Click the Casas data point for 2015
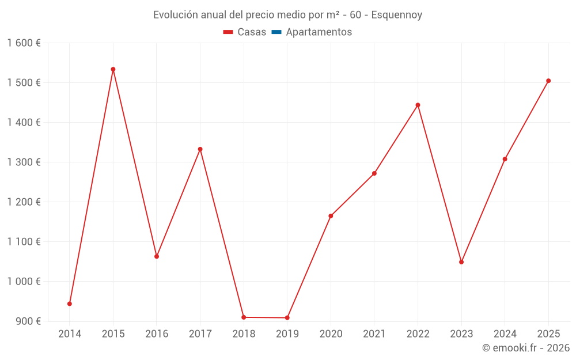coord(113,69)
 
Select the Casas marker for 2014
coord(70,304)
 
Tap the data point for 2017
coord(200,149)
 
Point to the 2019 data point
coord(287,318)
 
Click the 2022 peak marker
coord(418,105)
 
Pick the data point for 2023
coord(461,262)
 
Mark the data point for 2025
coord(548,81)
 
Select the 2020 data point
coord(331,216)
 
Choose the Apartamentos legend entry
coord(319,32)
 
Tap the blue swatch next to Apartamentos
coord(276,32)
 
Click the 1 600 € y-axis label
coord(24,43)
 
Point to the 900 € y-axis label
coord(28,321)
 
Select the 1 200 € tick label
coord(24,202)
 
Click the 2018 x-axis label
coord(244,334)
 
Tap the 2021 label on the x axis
coord(374,334)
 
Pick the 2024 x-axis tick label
coord(505,334)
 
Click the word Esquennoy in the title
coord(397,15)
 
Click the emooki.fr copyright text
coord(526,348)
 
